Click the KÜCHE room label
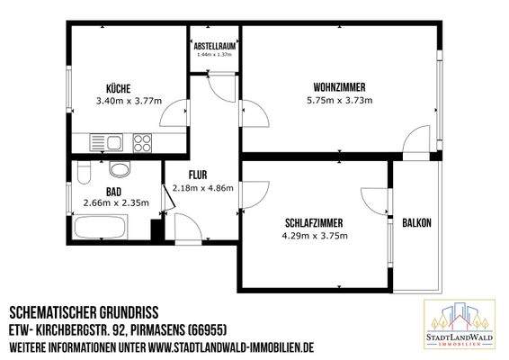point(119,88)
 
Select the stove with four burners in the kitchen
point(143,141)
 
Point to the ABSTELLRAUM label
point(214,45)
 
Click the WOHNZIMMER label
point(339,87)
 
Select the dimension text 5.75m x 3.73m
point(339,101)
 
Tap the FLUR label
point(199,175)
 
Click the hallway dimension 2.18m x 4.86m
point(202,188)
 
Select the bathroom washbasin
point(118,170)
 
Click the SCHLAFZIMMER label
point(313,222)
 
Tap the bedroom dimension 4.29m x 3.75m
point(314,236)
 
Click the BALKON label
point(416,223)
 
